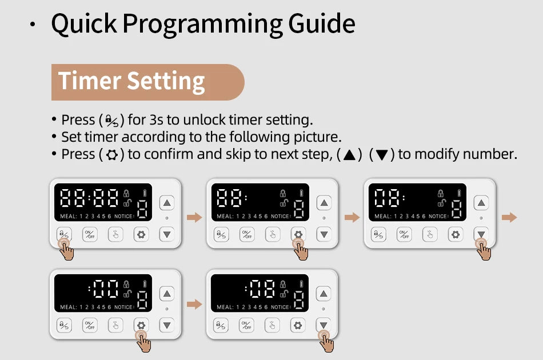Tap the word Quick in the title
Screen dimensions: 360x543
point(83,24)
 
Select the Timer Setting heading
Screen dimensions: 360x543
point(132,82)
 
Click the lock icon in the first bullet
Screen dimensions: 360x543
point(112,121)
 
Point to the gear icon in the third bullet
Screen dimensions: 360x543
point(112,155)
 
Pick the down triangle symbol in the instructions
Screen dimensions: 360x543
point(382,155)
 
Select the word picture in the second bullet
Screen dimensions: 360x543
point(317,137)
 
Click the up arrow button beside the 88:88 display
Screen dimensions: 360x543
point(166,203)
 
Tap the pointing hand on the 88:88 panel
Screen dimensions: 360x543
point(66,250)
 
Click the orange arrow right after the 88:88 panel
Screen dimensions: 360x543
point(194,217)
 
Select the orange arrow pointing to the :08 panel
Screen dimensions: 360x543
point(194,305)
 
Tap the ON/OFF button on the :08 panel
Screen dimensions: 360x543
point(247,325)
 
